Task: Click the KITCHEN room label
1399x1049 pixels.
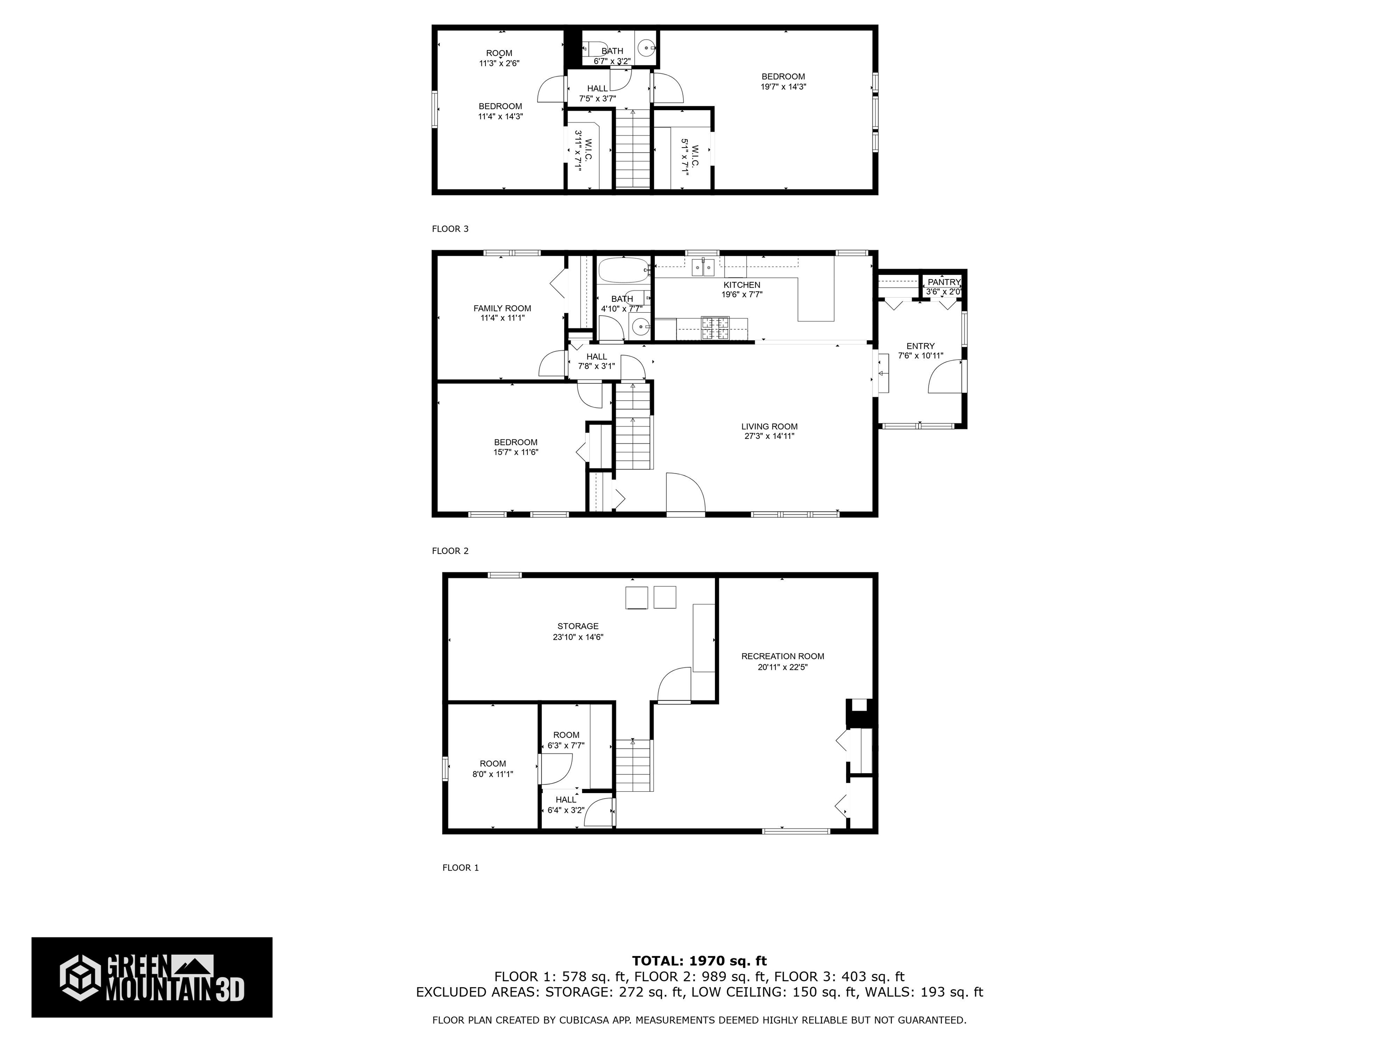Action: [x=741, y=285]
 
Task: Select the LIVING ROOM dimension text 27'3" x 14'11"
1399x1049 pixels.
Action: [x=769, y=436]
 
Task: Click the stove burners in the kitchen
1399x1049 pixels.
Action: [x=714, y=326]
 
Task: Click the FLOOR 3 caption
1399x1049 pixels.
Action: [x=449, y=229]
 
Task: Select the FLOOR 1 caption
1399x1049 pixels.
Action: [x=460, y=867]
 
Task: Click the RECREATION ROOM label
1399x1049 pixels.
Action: [x=782, y=657]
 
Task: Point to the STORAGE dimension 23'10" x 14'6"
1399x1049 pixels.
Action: [x=577, y=637]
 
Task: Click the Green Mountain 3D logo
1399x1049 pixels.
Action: [x=152, y=977]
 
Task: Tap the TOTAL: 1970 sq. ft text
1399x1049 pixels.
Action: [x=699, y=961]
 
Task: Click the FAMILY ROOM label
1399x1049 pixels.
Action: [x=502, y=309]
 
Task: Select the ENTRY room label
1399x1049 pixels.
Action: [x=920, y=346]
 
